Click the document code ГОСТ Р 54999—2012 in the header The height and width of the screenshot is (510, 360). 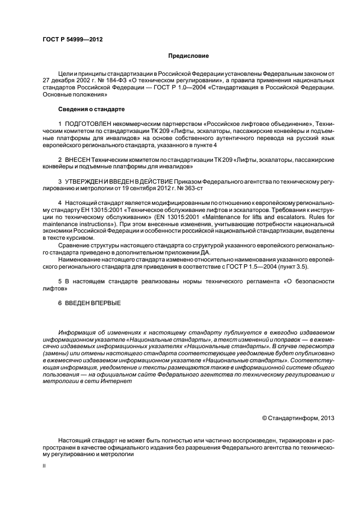(x=72, y=40)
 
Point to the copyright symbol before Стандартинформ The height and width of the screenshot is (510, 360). (x=265, y=418)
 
